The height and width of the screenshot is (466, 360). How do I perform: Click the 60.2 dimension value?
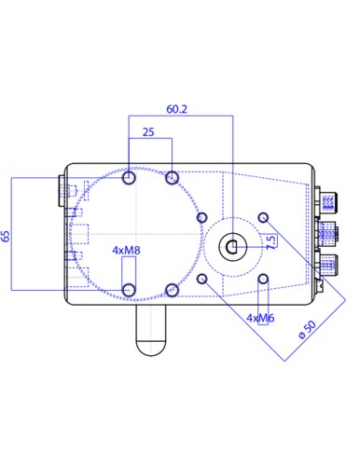point(177,109)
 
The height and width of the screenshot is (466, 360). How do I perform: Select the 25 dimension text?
point(148,133)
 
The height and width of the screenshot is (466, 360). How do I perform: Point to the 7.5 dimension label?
point(270,241)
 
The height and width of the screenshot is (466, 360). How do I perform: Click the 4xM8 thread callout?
point(126,251)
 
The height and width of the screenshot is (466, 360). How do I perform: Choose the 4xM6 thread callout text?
point(260,318)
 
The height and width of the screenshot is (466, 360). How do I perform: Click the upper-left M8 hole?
point(129,177)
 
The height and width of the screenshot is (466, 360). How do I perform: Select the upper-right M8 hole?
point(172,177)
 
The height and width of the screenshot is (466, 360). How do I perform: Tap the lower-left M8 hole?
point(129,290)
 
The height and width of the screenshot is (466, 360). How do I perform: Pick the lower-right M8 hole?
point(172,290)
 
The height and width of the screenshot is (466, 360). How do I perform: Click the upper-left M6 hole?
point(202,217)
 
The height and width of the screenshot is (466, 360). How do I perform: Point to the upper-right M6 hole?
point(264,217)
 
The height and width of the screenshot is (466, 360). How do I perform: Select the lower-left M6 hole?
point(202,279)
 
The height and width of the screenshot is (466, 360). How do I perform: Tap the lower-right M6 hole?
point(264,279)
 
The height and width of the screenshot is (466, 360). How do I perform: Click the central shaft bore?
point(232,247)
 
